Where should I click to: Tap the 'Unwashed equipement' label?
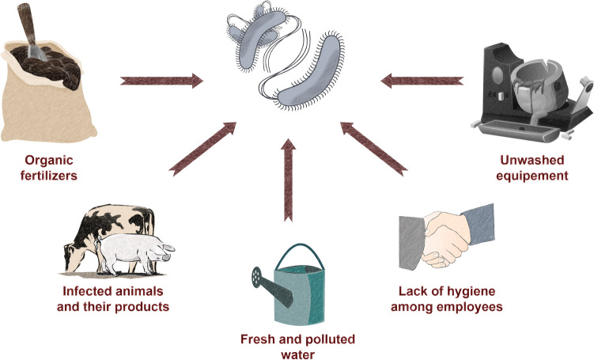(x=526, y=167)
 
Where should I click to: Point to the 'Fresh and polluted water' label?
(x=297, y=346)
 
